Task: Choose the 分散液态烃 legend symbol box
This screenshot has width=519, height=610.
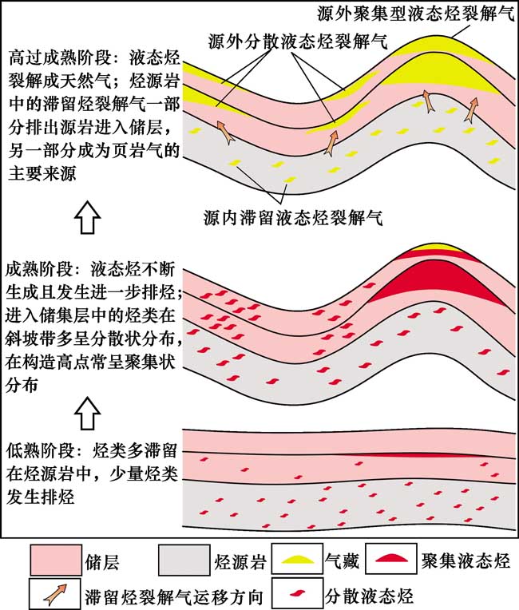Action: point(299,594)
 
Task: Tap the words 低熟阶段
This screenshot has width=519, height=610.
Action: point(37,446)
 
